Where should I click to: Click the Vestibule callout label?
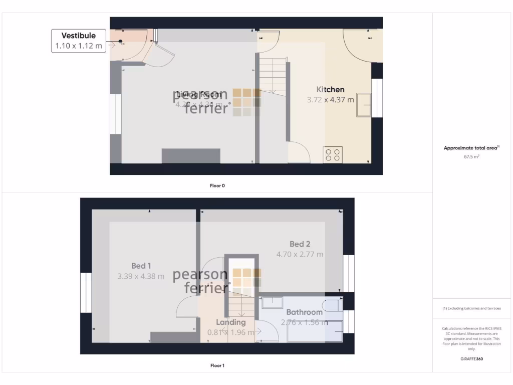(78, 36)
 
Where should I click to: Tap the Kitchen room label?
(330, 90)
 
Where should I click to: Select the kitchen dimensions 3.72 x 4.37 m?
(330, 100)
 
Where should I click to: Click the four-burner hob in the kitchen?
(333, 154)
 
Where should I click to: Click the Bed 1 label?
(141, 266)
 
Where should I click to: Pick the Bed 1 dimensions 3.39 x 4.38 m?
(141, 276)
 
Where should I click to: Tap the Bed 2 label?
(300, 244)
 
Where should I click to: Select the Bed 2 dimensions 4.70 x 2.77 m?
(300, 254)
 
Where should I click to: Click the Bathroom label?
(304, 312)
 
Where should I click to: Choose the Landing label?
(231, 322)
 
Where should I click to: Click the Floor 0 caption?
(217, 185)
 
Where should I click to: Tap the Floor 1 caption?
(217, 365)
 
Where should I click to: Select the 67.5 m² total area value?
(471, 157)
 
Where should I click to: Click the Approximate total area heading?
(471, 148)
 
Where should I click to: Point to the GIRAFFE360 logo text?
(471, 359)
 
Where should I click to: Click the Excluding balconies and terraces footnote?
(471, 308)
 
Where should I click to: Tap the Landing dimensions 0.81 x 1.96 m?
(231, 332)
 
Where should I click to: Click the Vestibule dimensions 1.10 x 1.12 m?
(78, 46)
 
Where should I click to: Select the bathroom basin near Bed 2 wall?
(272, 302)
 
